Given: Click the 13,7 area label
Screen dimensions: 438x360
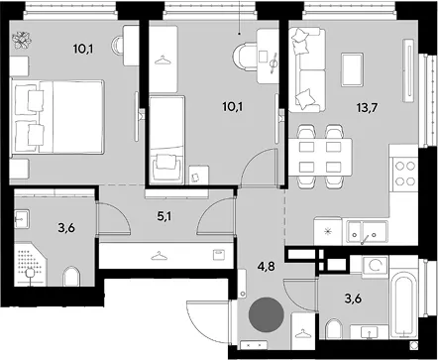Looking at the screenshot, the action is (367, 107).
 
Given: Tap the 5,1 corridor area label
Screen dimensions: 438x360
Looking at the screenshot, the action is (164, 217).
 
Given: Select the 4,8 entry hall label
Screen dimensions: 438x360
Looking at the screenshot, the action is (267, 267).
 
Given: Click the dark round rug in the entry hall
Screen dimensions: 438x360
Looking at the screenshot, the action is (267, 314).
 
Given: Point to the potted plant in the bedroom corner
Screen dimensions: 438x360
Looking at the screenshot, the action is (22, 41).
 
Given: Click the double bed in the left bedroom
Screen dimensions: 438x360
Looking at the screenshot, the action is (57, 116).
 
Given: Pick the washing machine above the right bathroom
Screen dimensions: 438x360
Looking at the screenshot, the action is (375, 266).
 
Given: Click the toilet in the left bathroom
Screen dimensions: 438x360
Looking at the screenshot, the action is (71, 276).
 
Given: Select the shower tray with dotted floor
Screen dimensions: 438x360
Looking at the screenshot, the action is (31, 264).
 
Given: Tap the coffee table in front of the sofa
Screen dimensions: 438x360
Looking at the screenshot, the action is (353, 69).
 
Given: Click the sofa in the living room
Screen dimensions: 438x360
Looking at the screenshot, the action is (305, 69).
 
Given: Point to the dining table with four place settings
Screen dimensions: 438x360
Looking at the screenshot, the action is (320, 157).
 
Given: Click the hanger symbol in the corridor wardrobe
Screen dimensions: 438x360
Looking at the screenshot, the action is (159, 256).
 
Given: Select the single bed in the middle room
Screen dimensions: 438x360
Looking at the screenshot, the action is (166, 140).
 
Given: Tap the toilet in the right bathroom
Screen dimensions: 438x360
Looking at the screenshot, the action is (334, 328).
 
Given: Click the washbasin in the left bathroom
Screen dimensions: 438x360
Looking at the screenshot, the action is (22, 218).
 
